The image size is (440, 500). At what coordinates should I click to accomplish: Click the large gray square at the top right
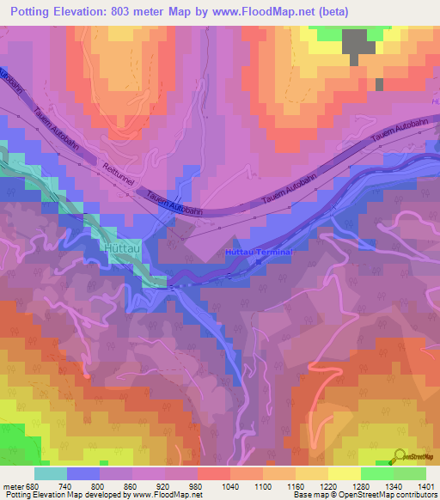[354, 45]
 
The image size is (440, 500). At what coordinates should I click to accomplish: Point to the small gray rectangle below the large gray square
[379, 84]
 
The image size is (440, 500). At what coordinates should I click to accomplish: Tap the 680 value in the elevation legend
[34, 487]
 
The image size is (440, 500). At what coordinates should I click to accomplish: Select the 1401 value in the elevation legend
[426, 487]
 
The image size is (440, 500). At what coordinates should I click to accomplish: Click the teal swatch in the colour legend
[50, 473]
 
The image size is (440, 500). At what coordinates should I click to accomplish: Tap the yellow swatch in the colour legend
[344, 473]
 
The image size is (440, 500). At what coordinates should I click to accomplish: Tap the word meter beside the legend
[14, 487]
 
